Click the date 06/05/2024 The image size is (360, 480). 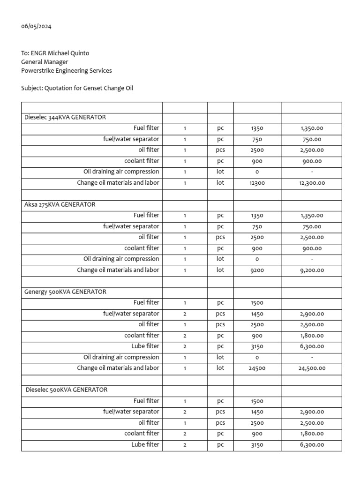(x=37, y=26)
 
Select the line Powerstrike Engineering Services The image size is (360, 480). (x=67, y=71)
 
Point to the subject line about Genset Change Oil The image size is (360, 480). (x=77, y=88)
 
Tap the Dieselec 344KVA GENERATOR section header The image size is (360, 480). (x=65, y=117)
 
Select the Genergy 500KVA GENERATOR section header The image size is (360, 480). (x=65, y=292)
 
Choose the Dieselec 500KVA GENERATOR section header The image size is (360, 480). (x=67, y=390)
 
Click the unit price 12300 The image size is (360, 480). (x=257, y=183)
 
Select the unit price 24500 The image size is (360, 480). (x=257, y=368)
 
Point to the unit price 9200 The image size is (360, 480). (x=257, y=270)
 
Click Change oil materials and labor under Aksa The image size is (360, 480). (x=118, y=270)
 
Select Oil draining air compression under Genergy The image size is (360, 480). (x=121, y=357)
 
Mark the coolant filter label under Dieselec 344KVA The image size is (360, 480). (x=142, y=161)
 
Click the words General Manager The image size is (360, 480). (x=45, y=62)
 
